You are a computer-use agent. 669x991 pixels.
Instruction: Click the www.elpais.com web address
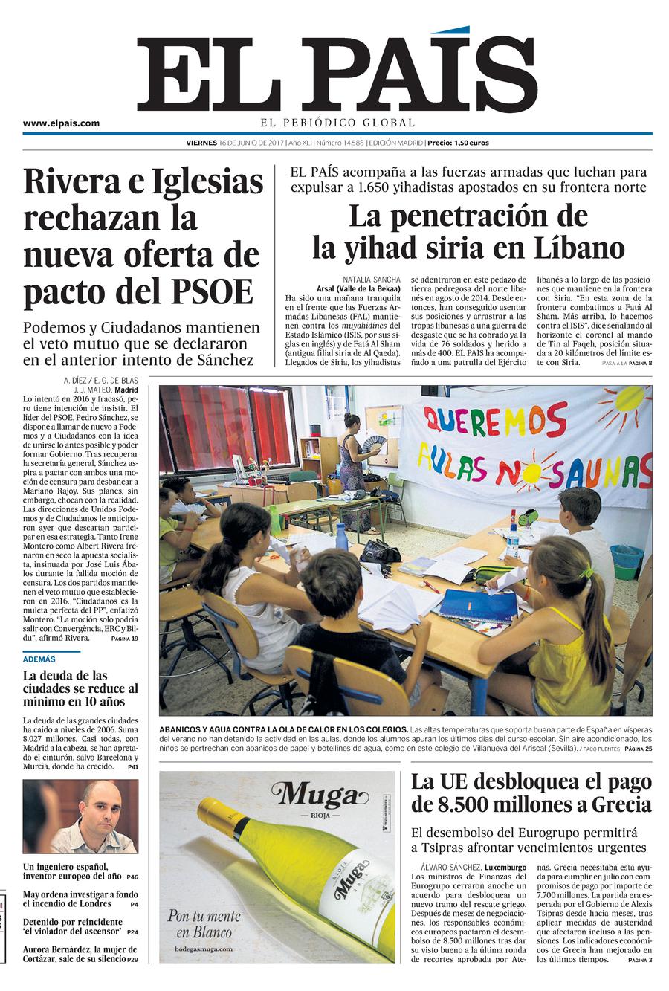tap(61, 123)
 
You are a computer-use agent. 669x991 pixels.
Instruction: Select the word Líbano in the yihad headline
tap(578, 248)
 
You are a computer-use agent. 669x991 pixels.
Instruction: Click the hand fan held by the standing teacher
tap(374, 444)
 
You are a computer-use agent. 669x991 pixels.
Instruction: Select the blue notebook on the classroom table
tap(478, 605)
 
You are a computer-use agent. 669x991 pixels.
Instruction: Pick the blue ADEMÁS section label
tap(39, 659)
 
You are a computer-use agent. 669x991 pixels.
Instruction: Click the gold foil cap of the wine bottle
tap(214, 813)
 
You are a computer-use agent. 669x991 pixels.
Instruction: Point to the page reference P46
tap(132, 877)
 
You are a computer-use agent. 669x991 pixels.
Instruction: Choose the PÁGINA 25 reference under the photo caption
tap(638, 749)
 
